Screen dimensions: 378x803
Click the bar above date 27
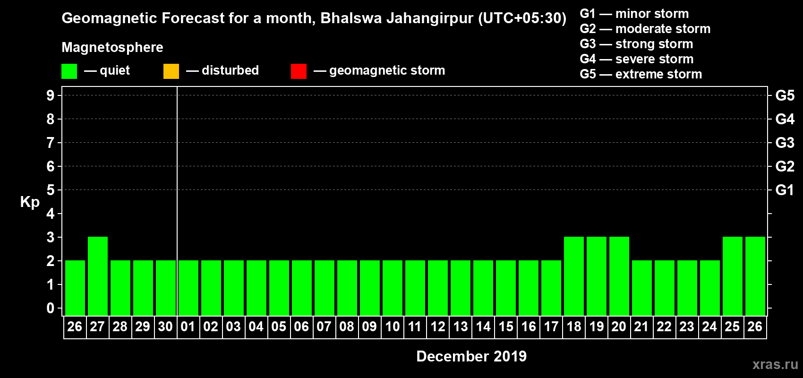pos(98,276)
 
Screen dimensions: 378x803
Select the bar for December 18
pos(574,276)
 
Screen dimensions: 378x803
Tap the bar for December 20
pos(619,276)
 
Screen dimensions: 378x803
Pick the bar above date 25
pos(733,276)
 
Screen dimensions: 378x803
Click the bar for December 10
pos(393,288)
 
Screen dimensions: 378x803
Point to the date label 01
pos(188,326)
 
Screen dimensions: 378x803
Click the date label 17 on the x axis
pos(551,326)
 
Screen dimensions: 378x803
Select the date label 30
pos(165,326)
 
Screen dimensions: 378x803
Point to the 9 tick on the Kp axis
pos(51,95)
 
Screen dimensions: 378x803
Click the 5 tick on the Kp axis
pos(51,190)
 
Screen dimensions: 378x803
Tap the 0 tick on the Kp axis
pos(51,308)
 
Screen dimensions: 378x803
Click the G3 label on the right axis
pos(785,143)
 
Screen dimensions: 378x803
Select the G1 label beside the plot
pos(785,190)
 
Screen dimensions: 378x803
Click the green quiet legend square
pos(69,71)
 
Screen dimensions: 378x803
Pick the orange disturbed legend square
pos(171,71)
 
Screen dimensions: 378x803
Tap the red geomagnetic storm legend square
pos(299,71)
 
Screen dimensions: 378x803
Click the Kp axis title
pos(30,202)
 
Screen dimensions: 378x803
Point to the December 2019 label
pos(471,356)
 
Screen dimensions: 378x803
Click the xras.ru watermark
pos(775,364)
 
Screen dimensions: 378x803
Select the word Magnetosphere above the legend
pos(112,47)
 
